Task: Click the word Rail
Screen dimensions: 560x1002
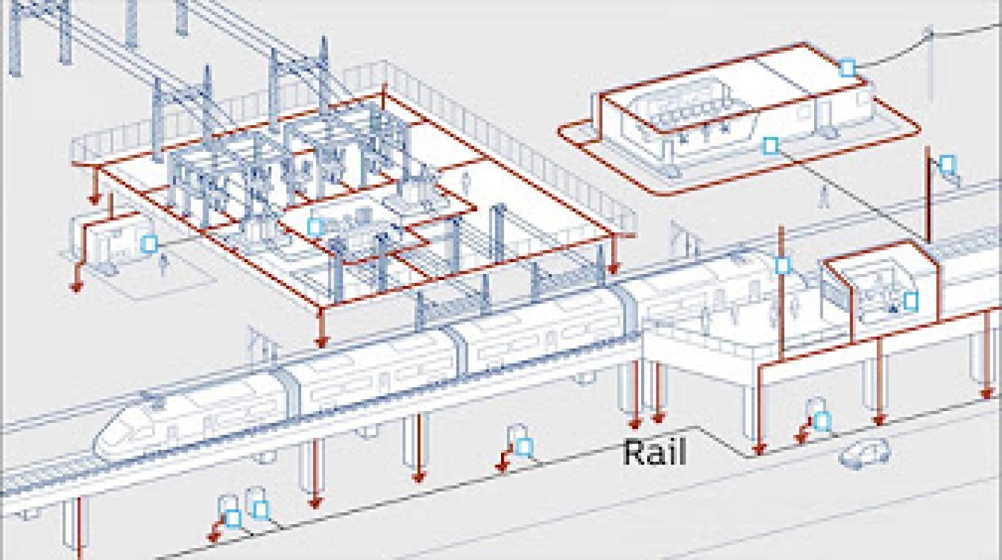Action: (654, 452)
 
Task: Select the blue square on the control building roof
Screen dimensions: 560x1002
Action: (847, 68)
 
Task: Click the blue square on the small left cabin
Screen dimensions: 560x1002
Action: (149, 243)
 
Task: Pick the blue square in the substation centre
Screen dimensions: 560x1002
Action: (316, 227)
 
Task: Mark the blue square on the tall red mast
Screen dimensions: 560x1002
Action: (782, 265)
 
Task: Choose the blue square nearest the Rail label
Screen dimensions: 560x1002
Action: (525, 447)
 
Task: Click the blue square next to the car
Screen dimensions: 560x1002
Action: (821, 420)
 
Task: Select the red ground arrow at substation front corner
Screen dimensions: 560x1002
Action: (322, 342)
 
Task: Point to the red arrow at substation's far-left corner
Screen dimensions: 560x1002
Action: (95, 199)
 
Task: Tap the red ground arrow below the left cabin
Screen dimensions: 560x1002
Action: (76, 286)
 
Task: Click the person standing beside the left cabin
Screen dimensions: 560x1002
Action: (164, 263)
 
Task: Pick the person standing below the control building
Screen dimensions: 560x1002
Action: (824, 196)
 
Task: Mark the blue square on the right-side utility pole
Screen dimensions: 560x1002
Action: (947, 165)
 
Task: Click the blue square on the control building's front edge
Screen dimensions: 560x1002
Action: (771, 146)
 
